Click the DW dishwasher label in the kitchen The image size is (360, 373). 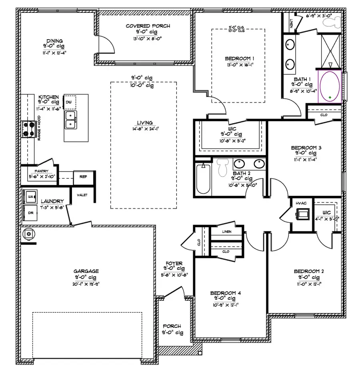(x=69, y=102)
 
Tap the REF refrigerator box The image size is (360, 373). (x=84, y=176)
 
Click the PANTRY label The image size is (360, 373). (x=41, y=171)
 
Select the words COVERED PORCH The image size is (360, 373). (x=148, y=26)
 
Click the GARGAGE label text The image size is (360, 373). (x=86, y=271)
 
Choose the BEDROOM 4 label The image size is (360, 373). (x=226, y=293)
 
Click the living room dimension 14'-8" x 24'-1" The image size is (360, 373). (x=144, y=128)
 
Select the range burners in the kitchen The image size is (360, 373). (x=29, y=129)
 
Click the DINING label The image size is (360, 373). (x=54, y=40)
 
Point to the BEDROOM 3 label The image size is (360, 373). (x=306, y=148)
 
